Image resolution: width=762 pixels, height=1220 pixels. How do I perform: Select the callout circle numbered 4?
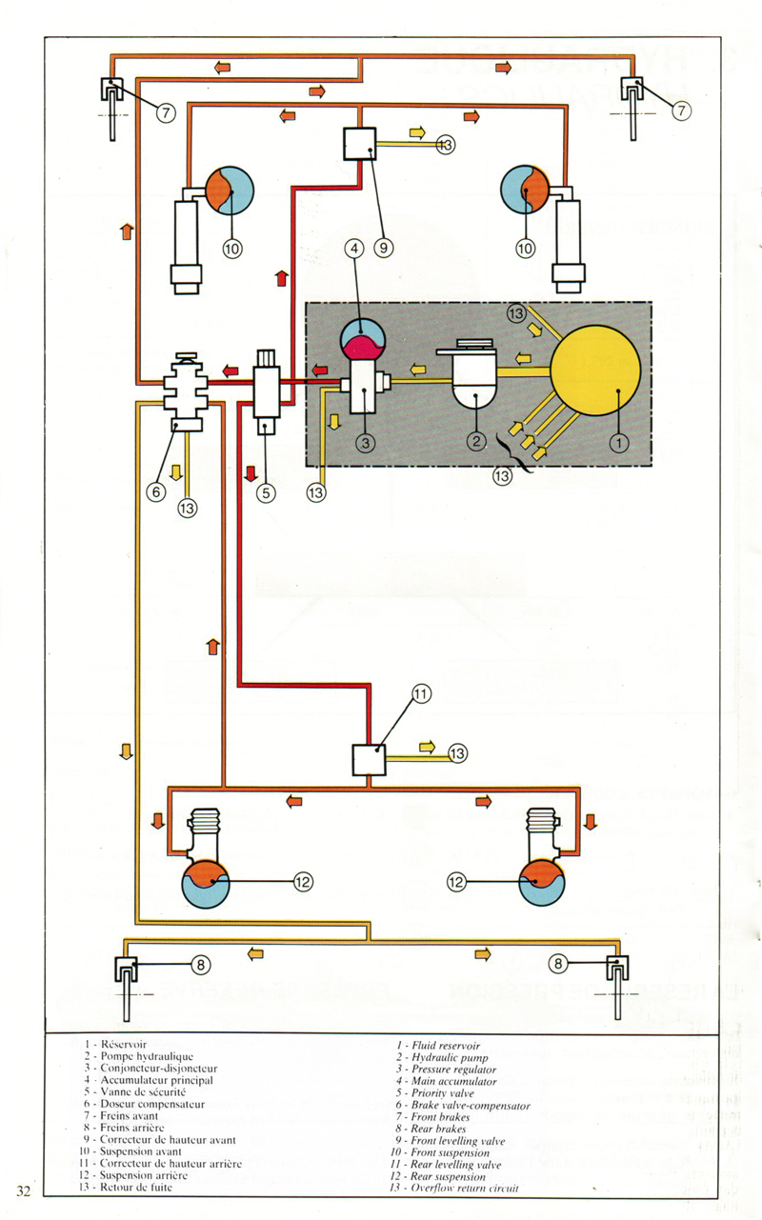[x=354, y=250]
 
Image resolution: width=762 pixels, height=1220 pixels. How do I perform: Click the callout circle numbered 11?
[x=422, y=693]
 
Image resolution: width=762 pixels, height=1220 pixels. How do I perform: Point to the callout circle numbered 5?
[x=266, y=492]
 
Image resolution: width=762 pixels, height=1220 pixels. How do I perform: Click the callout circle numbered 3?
[x=368, y=442]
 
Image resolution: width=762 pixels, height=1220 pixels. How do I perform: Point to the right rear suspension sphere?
[x=539, y=883]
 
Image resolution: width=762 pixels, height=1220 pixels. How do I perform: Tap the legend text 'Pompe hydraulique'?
[x=149, y=1057]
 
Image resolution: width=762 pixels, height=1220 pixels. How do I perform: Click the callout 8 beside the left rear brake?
[x=200, y=966]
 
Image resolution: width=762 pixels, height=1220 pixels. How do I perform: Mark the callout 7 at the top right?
[x=681, y=111]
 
